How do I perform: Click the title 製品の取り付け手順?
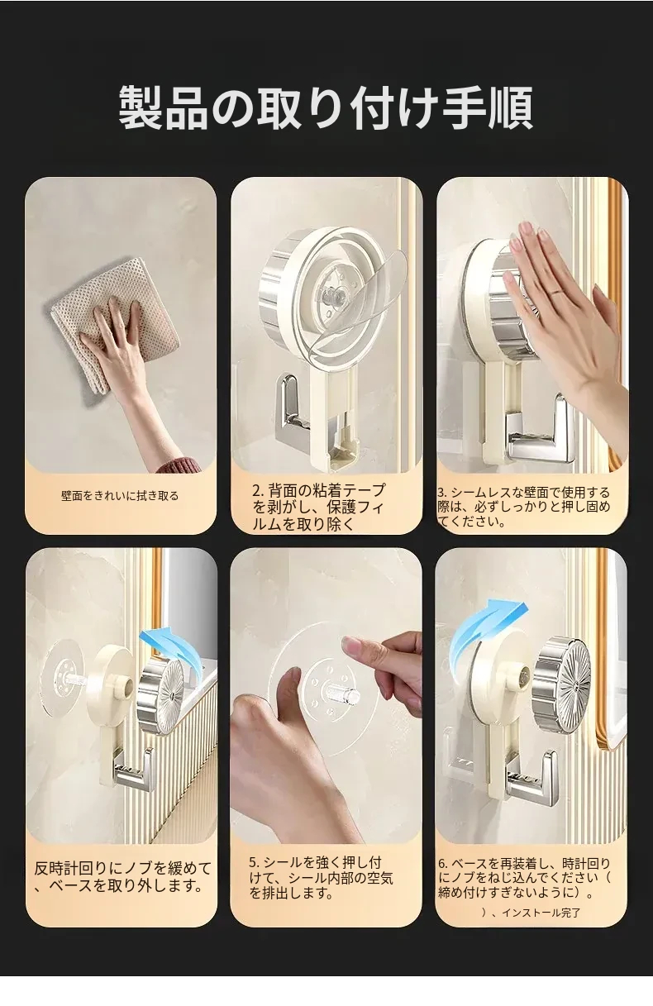click(326, 108)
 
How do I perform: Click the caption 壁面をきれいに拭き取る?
click(120, 496)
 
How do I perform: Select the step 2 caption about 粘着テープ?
click(318, 507)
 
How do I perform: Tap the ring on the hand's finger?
click(557, 292)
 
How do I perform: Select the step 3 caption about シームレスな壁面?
click(523, 507)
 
